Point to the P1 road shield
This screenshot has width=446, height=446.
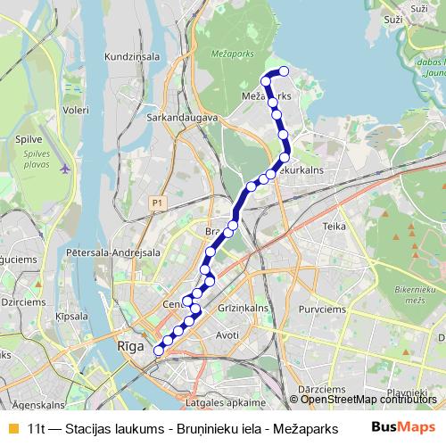point(157,203)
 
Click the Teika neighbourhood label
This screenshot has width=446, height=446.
point(334,227)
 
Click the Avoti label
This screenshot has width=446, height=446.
point(227,335)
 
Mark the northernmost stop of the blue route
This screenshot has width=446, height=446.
point(284,71)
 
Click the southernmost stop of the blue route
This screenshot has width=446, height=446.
point(159,351)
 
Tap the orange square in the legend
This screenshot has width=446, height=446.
point(12,427)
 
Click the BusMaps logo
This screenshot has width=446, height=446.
point(398,426)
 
